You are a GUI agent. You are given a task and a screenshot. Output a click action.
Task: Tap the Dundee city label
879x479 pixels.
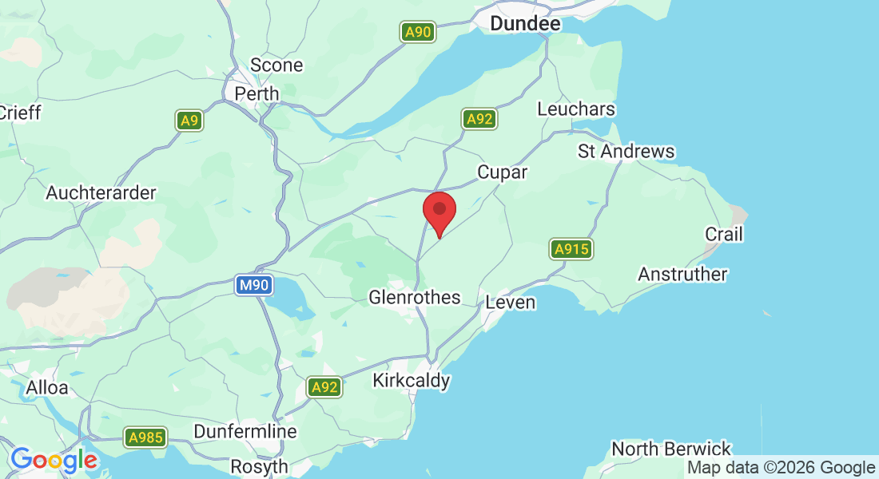click(x=525, y=24)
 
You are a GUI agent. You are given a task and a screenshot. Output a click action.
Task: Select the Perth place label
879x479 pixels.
click(x=257, y=93)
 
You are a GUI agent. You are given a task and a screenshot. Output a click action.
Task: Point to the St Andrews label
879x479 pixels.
click(x=626, y=151)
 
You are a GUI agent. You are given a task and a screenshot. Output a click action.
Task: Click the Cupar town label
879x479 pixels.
click(x=502, y=172)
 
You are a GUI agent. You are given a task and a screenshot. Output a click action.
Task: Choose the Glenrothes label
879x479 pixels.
click(x=414, y=298)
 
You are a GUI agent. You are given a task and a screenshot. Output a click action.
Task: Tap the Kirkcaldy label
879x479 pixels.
click(x=412, y=381)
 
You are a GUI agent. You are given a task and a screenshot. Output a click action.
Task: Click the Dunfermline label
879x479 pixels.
click(x=245, y=432)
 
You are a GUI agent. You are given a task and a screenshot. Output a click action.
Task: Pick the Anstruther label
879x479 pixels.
click(x=682, y=275)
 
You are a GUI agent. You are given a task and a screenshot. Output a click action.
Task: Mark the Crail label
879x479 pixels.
click(x=723, y=234)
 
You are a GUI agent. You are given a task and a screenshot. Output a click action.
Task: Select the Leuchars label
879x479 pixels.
click(x=576, y=109)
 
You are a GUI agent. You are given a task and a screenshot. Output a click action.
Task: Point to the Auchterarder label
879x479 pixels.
click(x=101, y=193)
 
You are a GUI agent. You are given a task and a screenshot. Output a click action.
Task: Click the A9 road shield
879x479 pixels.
click(x=189, y=121)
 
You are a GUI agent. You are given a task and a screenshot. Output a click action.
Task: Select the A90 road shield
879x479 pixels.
click(x=417, y=33)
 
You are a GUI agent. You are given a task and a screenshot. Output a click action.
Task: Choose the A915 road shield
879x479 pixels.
click(x=571, y=249)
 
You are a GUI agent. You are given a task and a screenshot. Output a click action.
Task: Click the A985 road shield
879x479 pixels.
click(x=145, y=437)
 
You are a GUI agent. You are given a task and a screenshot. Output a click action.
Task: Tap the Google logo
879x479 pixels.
click(x=54, y=460)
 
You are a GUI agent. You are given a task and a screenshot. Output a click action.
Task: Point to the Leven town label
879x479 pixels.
click(x=511, y=303)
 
